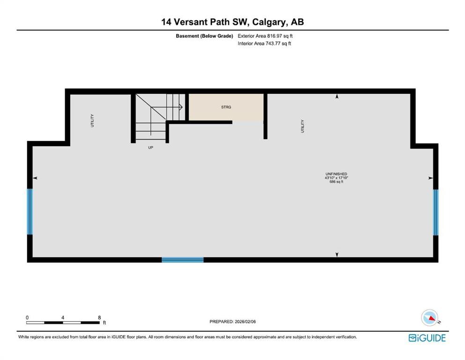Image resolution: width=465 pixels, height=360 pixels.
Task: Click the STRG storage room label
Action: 226,107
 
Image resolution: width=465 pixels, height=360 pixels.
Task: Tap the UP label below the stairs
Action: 150,147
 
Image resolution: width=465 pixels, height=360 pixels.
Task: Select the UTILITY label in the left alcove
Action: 92,120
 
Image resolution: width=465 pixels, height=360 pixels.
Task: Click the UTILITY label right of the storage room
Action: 303,126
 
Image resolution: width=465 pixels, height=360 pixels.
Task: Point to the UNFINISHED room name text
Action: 336,174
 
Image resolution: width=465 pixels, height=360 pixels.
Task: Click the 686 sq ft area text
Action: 336,182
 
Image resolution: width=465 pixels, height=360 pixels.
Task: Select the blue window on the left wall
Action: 30,212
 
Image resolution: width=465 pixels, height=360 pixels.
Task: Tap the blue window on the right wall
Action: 435,212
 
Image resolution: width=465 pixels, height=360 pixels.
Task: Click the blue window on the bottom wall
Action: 183,259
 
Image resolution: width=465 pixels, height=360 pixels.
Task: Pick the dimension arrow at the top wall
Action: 337,97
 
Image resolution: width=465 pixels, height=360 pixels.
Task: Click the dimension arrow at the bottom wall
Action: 337,255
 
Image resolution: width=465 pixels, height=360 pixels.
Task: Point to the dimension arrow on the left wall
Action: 35,178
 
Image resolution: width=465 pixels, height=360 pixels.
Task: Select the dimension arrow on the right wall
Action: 430,178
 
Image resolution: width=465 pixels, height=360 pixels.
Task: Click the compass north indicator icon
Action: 430,318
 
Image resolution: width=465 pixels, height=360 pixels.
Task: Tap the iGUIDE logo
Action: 427,338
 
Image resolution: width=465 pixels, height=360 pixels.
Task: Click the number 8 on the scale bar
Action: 99,317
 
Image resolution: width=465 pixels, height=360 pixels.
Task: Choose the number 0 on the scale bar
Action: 27,317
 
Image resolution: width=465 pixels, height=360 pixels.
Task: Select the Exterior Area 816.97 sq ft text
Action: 266,36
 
